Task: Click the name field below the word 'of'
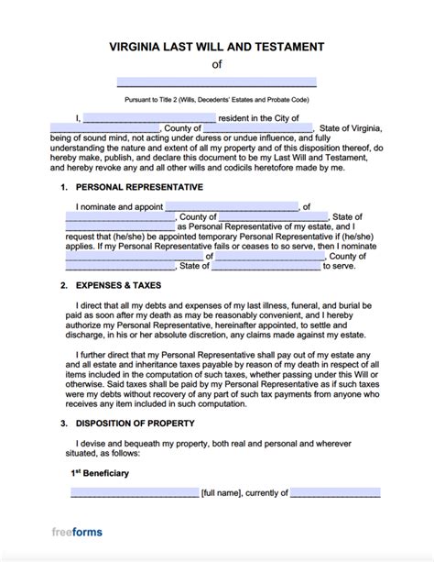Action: pyautogui.click(x=217, y=82)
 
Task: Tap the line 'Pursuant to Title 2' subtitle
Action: pyautogui.click(x=217, y=98)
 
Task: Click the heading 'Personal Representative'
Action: pyautogui.click(x=137, y=187)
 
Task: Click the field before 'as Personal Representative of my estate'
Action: pyautogui.click(x=120, y=226)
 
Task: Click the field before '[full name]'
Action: pyautogui.click(x=135, y=493)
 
